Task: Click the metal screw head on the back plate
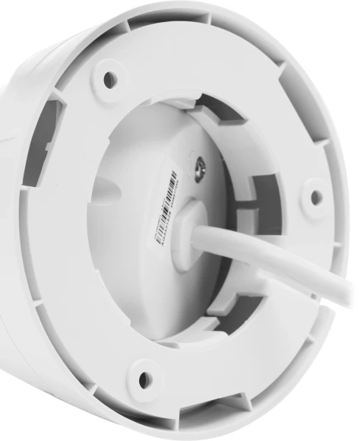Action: pos(202,170)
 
